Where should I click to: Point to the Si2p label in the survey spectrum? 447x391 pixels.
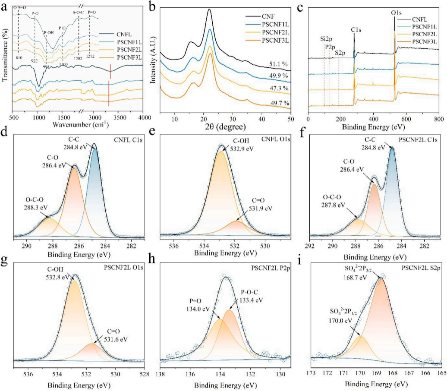pyautogui.click(x=324, y=39)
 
